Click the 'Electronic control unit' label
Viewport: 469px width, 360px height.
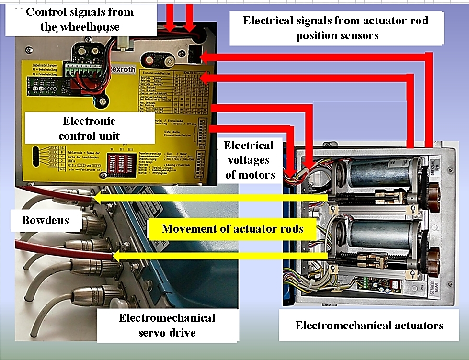click(x=89, y=128)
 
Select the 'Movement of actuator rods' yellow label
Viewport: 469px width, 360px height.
click(x=232, y=228)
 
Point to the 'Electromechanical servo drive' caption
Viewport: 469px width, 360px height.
click(x=167, y=325)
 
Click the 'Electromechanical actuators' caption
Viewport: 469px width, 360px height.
click(x=369, y=326)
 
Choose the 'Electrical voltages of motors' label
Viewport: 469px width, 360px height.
click(x=249, y=160)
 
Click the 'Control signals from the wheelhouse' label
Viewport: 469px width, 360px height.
click(x=80, y=19)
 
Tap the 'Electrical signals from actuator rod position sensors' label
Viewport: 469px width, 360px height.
click(x=335, y=28)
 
